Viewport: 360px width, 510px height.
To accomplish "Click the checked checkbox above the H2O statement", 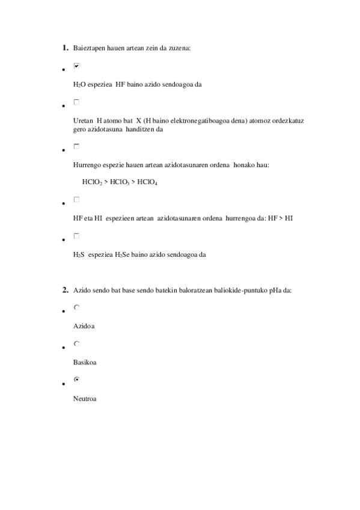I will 76,66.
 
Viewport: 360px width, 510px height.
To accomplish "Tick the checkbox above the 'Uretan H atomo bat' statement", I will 76,102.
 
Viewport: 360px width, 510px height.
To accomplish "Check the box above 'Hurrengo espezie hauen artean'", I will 76,146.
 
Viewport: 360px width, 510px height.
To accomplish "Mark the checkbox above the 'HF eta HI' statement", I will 76,199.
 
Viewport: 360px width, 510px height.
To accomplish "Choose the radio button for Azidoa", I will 76,307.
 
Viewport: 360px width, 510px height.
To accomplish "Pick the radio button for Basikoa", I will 76,343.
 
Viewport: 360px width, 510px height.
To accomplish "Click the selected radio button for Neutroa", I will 76,379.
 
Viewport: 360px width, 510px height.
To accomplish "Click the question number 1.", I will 65,47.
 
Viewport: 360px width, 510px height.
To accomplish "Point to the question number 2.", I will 65,290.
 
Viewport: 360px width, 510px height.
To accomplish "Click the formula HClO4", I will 147,182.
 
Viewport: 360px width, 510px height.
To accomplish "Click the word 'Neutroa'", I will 85,399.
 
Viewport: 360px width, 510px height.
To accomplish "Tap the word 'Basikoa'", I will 85,363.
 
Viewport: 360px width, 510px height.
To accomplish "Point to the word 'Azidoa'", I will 84,326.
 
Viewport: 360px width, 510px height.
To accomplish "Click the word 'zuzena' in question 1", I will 178,48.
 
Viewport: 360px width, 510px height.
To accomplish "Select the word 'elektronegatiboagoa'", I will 186,120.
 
